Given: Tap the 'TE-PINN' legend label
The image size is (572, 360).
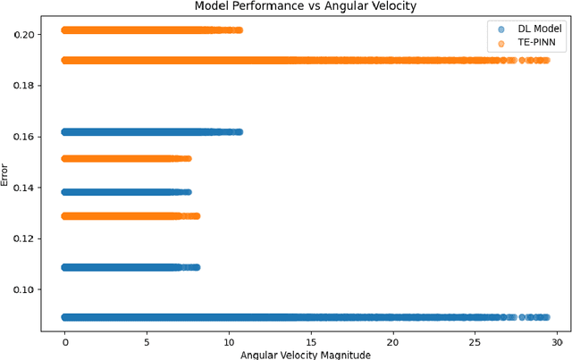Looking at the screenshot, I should click(535, 43).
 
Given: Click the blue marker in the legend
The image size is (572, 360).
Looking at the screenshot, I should click(501, 29).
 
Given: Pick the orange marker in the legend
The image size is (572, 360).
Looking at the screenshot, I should click(501, 43).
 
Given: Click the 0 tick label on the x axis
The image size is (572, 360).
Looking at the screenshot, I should click(65, 342).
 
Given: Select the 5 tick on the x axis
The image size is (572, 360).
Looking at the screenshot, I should click(147, 342).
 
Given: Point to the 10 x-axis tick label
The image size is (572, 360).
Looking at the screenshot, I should click(230, 342).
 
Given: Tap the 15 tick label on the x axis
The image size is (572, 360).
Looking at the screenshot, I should click(312, 342).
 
